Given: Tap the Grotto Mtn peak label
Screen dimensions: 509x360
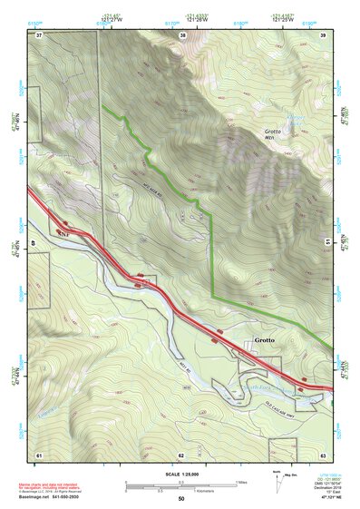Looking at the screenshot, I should pos(275,134).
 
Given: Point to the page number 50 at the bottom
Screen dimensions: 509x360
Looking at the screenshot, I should pos(180,498).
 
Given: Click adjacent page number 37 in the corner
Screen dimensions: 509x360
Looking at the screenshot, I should pos(39,34).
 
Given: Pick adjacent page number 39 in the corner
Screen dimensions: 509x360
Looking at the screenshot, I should pos(324,34).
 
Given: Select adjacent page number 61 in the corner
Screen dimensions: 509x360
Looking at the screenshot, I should pos(39,454).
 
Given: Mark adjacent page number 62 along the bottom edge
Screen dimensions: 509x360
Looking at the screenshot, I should pos(181,454).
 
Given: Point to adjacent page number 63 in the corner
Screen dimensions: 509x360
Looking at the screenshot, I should pos(324,454).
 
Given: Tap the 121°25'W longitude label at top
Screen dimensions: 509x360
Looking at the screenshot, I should pos(284,19).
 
